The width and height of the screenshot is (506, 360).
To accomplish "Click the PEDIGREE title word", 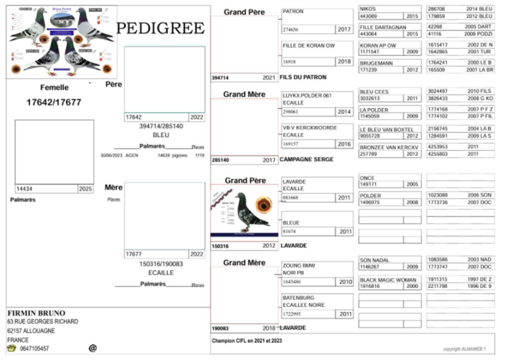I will (161, 28).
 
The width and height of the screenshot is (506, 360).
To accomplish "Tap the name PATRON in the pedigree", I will (293, 11).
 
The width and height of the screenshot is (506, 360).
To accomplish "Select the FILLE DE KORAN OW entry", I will (309, 46).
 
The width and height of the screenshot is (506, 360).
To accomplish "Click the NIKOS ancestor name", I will (367, 9).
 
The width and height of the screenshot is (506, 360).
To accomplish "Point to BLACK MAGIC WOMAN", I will (388, 279).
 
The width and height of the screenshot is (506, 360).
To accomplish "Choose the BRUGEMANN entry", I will (376, 63).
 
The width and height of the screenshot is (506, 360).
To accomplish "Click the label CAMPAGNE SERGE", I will (306, 159).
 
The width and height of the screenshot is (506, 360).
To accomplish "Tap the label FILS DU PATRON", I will (303, 77).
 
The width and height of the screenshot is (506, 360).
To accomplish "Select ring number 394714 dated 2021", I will (221, 77).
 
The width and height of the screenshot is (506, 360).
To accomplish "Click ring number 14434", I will (25, 189).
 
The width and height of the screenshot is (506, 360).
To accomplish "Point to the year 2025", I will (85, 189).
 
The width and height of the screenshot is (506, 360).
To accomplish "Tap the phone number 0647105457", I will (34, 349).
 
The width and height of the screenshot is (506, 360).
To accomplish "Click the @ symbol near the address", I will (92, 348).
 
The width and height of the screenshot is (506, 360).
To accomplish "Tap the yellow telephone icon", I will (11, 348).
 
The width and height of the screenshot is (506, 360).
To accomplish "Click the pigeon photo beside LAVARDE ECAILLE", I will (244, 209).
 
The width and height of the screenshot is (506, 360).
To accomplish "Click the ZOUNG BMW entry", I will (299, 265).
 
